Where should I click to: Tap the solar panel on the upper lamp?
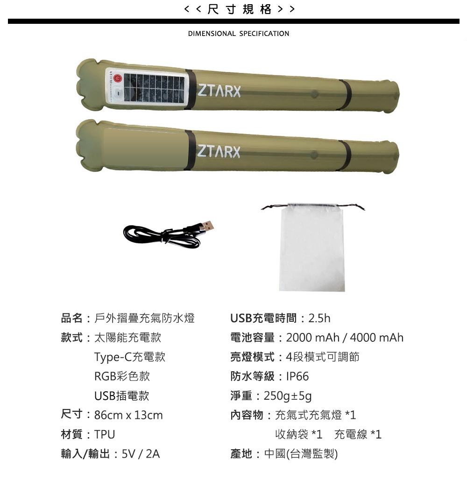pyautogui.click(x=154, y=88)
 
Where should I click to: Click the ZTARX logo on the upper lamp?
pyautogui.click(x=219, y=91)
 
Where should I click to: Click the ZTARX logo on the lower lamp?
pyautogui.click(x=219, y=151)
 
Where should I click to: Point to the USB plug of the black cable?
pyautogui.click(x=206, y=226)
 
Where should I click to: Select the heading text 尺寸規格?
pyautogui.click(x=240, y=9)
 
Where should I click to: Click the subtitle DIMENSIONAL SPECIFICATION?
pyautogui.click(x=239, y=34)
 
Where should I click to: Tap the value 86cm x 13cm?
pyautogui.click(x=128, y=415)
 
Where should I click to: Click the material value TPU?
pyautogui.click(x=105, y=434)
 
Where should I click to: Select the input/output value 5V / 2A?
pyautogui.click(x=141, y=454)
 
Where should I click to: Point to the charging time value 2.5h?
pyautogui.click(x=319, y=318)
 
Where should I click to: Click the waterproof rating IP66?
pyautogui.click(x=297, y=376)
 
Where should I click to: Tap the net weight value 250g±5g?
pyautogui.click(x=288, y=396)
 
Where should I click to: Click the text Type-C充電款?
pyautogui.click(x=130, y=357)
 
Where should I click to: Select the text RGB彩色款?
pyautogui.click(x=122, y=376)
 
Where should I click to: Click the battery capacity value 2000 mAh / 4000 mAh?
pyautogui.click(x=345, y=338)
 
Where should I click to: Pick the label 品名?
pyautogui.click(x=71, y=318)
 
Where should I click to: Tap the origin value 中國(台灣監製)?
pyautogui.click(x=301, y=454)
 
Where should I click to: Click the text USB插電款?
pyautogui.click(x=121, y=396)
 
